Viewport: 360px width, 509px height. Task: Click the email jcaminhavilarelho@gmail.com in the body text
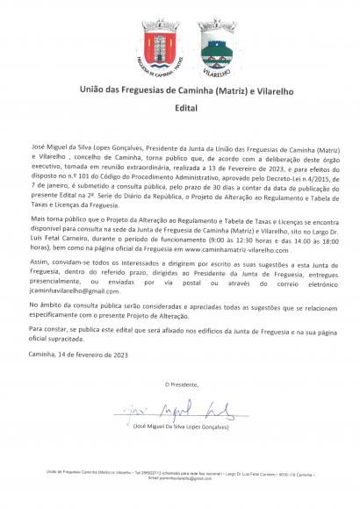(72, 290)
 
